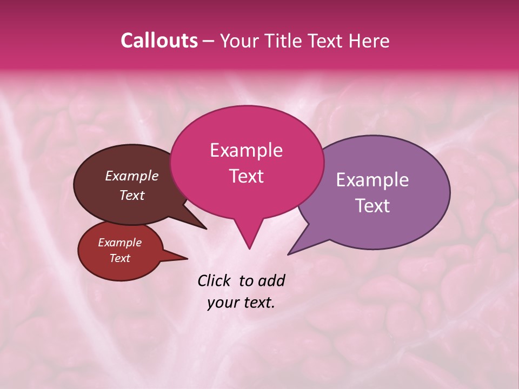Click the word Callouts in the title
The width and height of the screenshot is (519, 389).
pyautogui.click(x=159, y=41)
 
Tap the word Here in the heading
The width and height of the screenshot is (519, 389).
pyautogui.click(x=369, y=41)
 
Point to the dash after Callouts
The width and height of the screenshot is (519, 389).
pyautogui.click(x=208, y=41)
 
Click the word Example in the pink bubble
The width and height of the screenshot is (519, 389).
pyautogui.click(x=246, y=150)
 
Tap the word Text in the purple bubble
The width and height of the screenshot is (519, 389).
pyautogui.click(x=372, y=206)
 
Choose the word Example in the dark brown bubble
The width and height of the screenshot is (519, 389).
pyautogui.click(x=131, y=176)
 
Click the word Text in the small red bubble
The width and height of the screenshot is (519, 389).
pyautogui.click(x=120, y=258)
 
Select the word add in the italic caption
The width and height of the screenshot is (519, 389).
pyautogui.click(x=271, y=280)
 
